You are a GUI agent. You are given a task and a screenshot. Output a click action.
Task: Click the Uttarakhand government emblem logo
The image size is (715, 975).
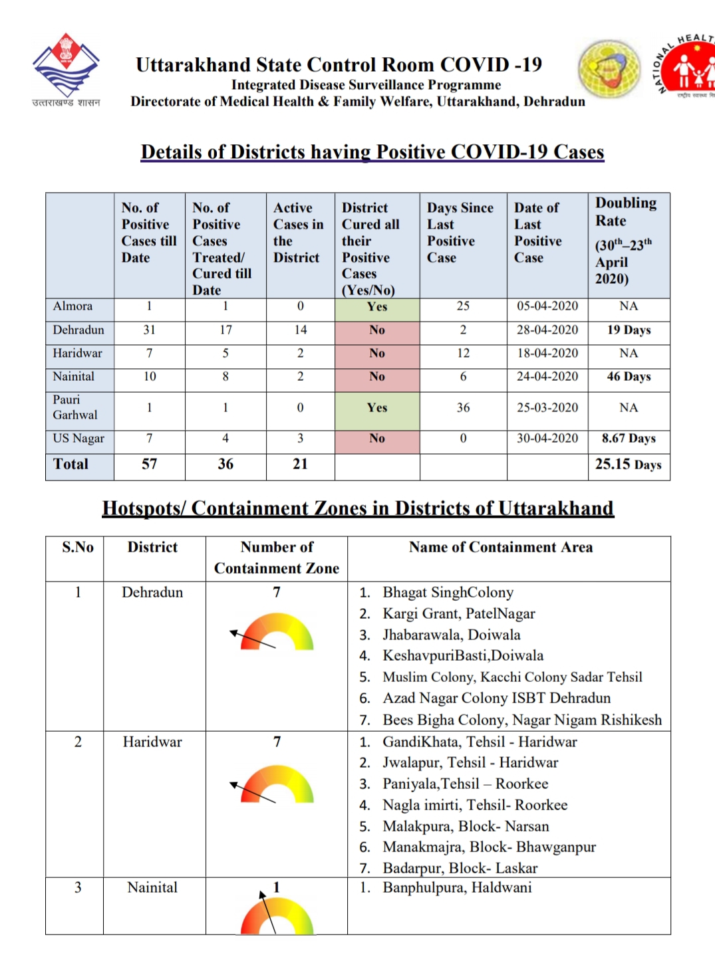[x=66, y=66]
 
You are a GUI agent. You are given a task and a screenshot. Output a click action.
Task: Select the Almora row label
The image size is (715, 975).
[x=73, y=306]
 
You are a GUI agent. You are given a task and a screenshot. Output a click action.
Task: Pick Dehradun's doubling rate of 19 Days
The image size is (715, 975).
[x=629, y=330]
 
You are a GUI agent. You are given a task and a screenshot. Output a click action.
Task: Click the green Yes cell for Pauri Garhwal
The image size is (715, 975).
[x=377, y=407]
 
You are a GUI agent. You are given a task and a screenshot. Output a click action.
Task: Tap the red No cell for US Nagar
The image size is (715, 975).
[x=377, y=439]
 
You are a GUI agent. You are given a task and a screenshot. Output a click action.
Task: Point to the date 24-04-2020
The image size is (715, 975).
[x=547, y=376]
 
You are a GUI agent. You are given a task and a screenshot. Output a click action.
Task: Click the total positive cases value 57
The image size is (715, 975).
[x=150, y=464]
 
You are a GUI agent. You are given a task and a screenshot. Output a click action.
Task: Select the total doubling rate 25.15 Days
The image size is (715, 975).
[x=628, y=465]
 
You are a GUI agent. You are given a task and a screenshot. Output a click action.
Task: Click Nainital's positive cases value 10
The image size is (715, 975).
[x=150, y=377]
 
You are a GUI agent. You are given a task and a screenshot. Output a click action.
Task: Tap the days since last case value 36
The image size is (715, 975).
[x=463, y=407]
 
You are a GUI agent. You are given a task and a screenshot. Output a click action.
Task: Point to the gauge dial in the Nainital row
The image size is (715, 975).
[x=276, y=915]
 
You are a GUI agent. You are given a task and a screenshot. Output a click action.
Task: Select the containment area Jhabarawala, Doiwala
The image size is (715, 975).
[x=451, y=635]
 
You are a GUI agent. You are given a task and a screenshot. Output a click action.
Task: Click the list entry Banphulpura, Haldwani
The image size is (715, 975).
[x=457, y=888]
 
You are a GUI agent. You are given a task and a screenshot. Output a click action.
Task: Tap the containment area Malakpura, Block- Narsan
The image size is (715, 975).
[x=466, y=826]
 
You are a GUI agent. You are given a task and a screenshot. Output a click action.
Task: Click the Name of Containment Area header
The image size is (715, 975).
[x=500, y=547]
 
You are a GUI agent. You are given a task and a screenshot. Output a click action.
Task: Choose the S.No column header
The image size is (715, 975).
[x=78, y=547]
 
